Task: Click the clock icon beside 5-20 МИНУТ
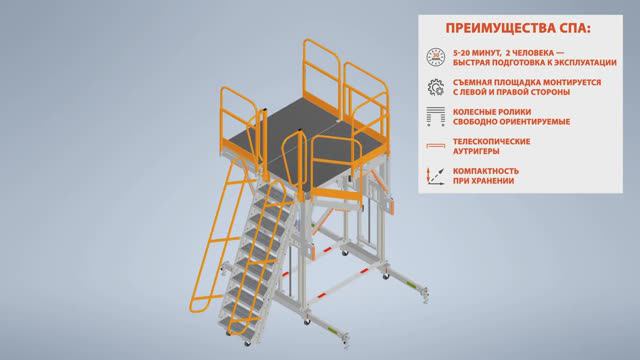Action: click(x=436, y=57)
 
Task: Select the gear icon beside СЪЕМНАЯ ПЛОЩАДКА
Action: click(x=436, y=87)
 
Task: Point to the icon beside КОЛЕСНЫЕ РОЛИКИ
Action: click(x=436, y=116)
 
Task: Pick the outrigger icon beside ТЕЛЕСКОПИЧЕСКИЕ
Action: click(x=436, y=146)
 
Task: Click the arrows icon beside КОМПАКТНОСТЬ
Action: click(x=436, y=176)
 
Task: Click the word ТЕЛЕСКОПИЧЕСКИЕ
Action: click(x=491, y=141)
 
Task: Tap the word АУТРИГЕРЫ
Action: click(x=476, y=151)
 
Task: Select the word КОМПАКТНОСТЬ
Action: click(x=486, y=171)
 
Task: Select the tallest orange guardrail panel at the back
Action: click(x=322, y=78)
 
